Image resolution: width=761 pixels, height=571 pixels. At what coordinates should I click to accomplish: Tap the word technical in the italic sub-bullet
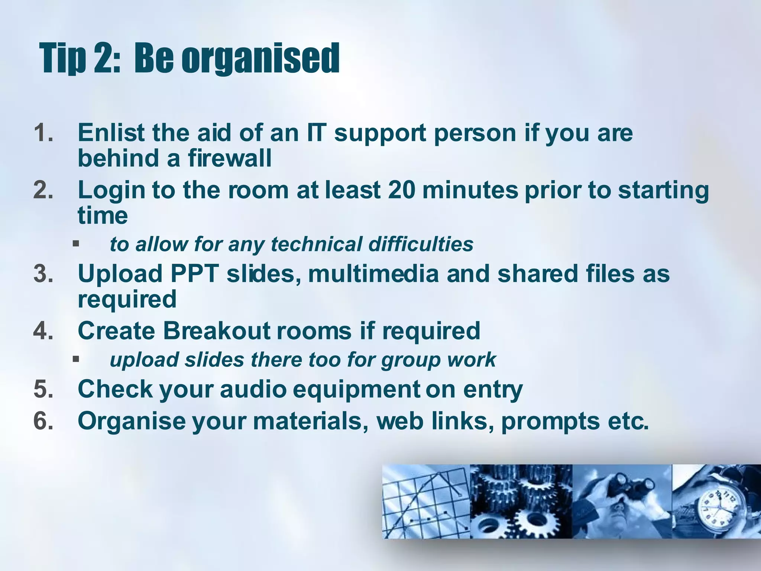point(316,244)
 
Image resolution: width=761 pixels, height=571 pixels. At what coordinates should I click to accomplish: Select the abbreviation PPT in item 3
point(194,274)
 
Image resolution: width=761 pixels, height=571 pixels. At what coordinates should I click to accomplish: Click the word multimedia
point(373,274)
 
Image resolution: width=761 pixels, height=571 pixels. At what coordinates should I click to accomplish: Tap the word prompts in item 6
point(550,422)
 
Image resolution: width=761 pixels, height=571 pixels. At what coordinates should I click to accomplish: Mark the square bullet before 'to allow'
point(76,244)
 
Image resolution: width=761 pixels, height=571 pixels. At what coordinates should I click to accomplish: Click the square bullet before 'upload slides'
point(76,359)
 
